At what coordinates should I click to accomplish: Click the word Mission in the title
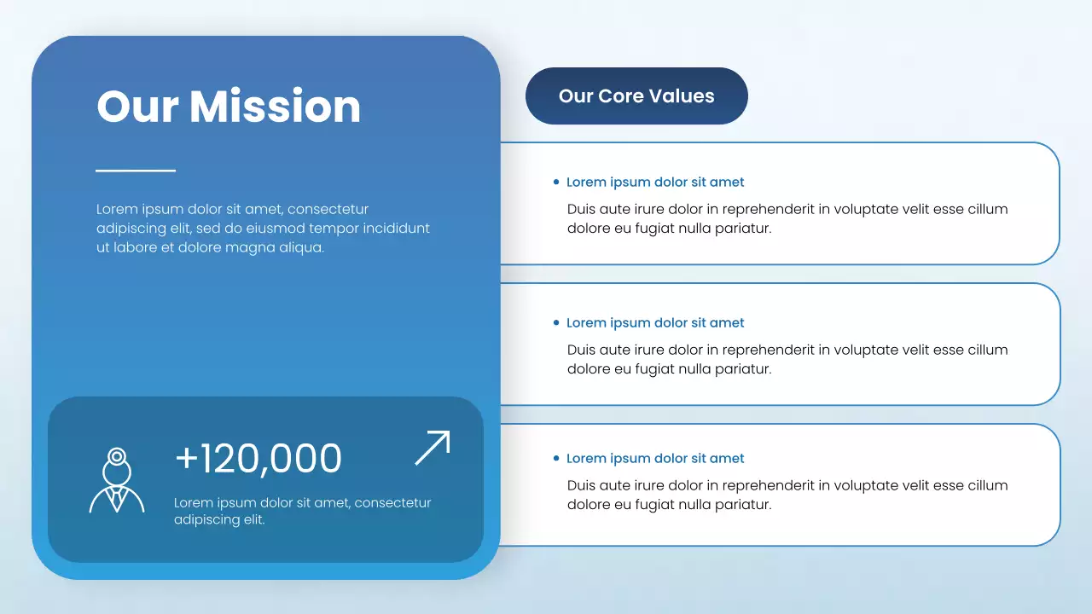(275, 107)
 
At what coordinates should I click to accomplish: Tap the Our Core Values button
(636, 96)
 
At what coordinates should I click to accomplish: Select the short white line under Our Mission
(136, 171)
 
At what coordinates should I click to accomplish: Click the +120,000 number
(258, 459)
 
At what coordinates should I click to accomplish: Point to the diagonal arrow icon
(433, 448)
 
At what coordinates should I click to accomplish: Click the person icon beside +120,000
(117, 481)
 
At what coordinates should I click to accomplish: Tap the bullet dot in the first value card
(556, 182)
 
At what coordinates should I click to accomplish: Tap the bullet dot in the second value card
(556, 323)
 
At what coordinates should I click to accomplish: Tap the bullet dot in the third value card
(556, 459)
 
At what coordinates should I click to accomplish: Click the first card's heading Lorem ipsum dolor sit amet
(655, 182)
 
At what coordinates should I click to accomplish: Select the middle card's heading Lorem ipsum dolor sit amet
(655, 323)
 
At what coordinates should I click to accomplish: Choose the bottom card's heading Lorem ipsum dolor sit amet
(655, 459)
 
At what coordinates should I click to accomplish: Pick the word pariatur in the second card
(741, 369)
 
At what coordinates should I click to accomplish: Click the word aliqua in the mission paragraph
(299, 248)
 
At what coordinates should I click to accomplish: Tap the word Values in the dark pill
(686, 96)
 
